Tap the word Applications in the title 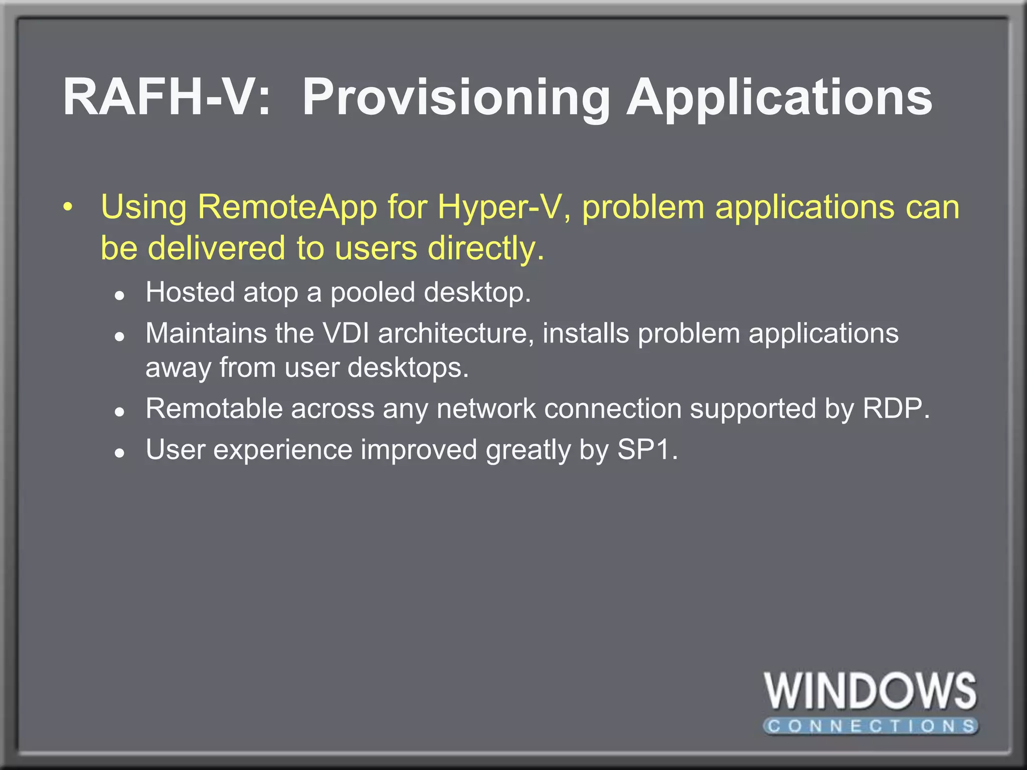coord(779,98)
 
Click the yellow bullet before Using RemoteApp coord(69,207)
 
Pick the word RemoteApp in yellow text coord(287,207)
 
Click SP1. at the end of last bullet coord(647,450)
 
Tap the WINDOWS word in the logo coord(870,692)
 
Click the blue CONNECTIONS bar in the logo coord(871,725)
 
